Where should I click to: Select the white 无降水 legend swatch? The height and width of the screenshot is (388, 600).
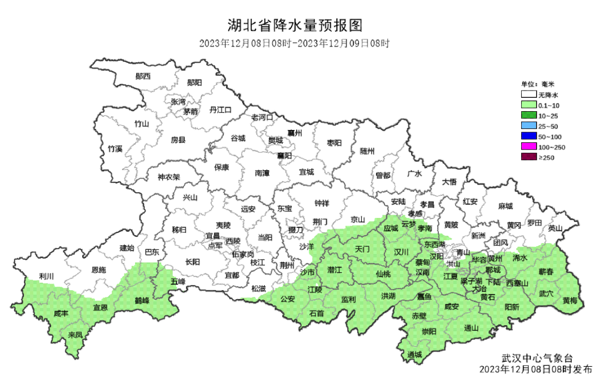point(528,94)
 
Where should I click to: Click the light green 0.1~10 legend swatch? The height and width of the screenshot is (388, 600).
point(528,105)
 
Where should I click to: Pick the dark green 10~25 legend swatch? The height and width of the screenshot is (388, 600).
point(528,116)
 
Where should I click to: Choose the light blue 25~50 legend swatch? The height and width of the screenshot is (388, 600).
point(528,126)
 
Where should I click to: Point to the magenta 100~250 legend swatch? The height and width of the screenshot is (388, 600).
point(528,147)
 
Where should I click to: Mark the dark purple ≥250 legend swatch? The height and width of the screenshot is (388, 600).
point(528,158)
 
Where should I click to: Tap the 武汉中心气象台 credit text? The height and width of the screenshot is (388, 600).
point(537,357)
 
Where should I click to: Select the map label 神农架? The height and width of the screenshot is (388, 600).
point(169,177)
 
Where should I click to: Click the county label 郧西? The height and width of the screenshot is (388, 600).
point(143,76)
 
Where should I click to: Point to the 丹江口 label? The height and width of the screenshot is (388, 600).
point(220,111)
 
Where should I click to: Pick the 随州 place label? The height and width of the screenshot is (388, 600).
point(367,151)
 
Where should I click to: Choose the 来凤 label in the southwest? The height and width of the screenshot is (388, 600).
point(75,335)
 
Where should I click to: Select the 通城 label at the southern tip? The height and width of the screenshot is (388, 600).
point(414,355)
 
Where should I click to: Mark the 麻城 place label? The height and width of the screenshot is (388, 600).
point(505,206)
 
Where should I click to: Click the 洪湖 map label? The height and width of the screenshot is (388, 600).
point(388,296)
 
